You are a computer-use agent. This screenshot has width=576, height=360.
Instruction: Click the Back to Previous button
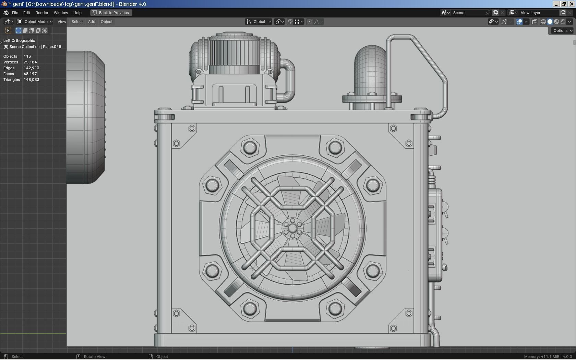coord(111,13)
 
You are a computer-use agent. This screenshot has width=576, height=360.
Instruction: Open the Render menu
coord(42,13)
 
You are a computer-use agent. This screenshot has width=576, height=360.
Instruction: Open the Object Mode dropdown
coord(35,22)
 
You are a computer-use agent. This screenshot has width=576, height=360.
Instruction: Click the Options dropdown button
coord(562,31)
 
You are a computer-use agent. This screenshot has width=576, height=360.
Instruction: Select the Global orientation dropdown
coord(259,22)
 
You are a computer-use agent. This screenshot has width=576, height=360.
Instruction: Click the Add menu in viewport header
coord(92,22)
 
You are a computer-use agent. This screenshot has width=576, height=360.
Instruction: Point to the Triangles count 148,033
coord(31,80)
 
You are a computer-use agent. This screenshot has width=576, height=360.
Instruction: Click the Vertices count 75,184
coord(30,62)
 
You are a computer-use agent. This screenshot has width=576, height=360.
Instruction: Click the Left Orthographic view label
coord(19,40)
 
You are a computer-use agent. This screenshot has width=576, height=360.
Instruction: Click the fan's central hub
coord(292,228)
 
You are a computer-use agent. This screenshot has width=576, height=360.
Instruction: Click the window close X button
coord(571,4)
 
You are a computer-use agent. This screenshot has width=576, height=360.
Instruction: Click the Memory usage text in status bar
coord(548,357)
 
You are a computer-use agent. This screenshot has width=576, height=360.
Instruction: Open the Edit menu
coord(26,13)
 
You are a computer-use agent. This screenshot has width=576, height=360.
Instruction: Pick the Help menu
coord(77,13)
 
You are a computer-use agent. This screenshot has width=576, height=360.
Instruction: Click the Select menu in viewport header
coord(77,22)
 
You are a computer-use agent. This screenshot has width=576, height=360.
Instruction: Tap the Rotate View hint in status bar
coord(94,357)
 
